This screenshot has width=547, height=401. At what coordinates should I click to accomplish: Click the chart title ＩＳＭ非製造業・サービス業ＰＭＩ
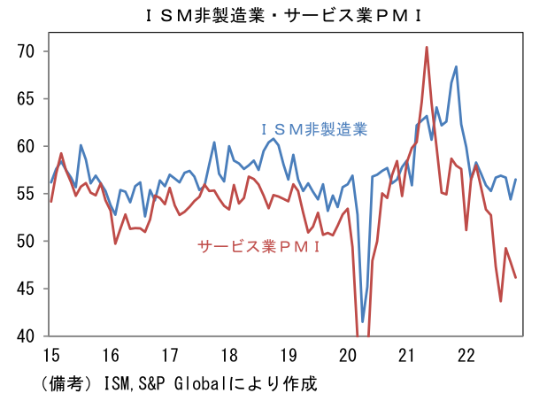coord(273,15)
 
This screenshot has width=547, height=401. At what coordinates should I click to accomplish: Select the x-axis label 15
coord(51,356)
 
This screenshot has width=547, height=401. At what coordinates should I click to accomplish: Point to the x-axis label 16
coord(111,356)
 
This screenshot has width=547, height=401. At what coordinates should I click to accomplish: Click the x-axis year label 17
coord(170,356)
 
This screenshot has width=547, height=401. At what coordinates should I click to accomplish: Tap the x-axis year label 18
coord(229,356)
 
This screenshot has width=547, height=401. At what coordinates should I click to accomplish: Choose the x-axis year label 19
coord(289,356)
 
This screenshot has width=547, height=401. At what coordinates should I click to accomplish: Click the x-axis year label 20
coord(348,356)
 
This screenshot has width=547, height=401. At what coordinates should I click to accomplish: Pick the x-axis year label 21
coord(407,356)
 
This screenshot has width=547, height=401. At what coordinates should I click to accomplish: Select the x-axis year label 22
coord(466,356)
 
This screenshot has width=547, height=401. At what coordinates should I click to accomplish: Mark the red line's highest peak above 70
coord(427,48)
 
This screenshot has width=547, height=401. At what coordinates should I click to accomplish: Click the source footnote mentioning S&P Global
coord(177,383)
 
